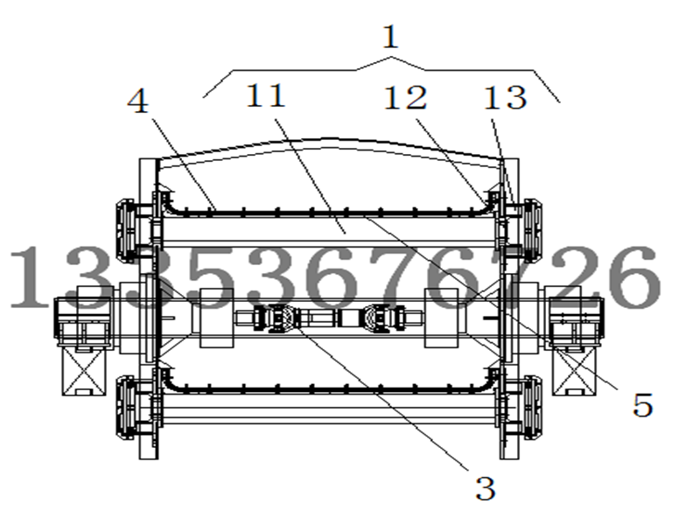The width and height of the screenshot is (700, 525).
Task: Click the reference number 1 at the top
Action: (x=390, y=37)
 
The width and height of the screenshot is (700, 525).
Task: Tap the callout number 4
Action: (x=138, y=101)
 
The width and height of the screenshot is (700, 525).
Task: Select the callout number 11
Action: (x=266, y=95)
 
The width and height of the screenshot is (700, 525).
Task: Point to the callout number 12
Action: (x=405, y=98)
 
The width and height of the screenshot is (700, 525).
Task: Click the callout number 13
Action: (x=506, y=98)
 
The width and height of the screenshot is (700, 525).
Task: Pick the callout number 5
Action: (x=643, y=405)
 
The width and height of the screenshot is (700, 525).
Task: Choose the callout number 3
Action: (x=486, y=488)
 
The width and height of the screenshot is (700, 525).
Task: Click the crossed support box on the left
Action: (x=84, y=371)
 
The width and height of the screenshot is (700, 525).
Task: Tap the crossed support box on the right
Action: (x=574, y=371)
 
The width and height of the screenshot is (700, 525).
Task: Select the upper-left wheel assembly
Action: (x=126, y=230)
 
